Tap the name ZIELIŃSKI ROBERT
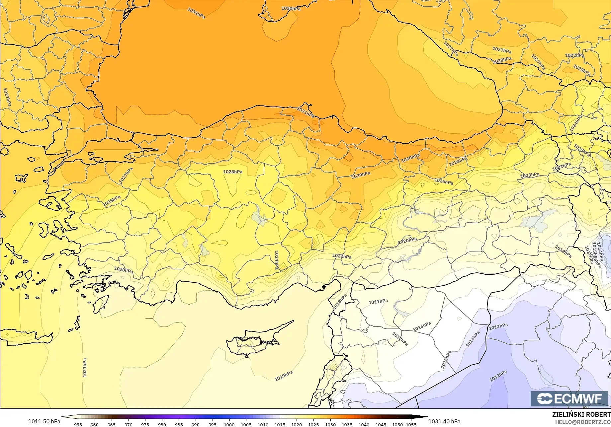coord(581,414)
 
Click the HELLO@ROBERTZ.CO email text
coord(583,422)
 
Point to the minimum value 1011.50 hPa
coord(44,421)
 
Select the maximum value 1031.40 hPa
coord(444,421)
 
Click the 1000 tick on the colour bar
coord(229,424)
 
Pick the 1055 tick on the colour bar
coord(411,424)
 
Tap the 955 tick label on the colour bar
coord(78,424)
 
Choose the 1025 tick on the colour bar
coord(313,424)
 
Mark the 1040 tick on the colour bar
coord(364,424)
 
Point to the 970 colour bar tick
coord(128,424)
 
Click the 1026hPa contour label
coord(444,181)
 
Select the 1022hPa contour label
coord(342,256)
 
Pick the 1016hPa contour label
coord(422,326)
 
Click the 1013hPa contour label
coord(498,326)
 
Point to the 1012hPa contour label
coord(498,376)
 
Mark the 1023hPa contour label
coord(530,175)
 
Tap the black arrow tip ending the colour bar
coord(425,417)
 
